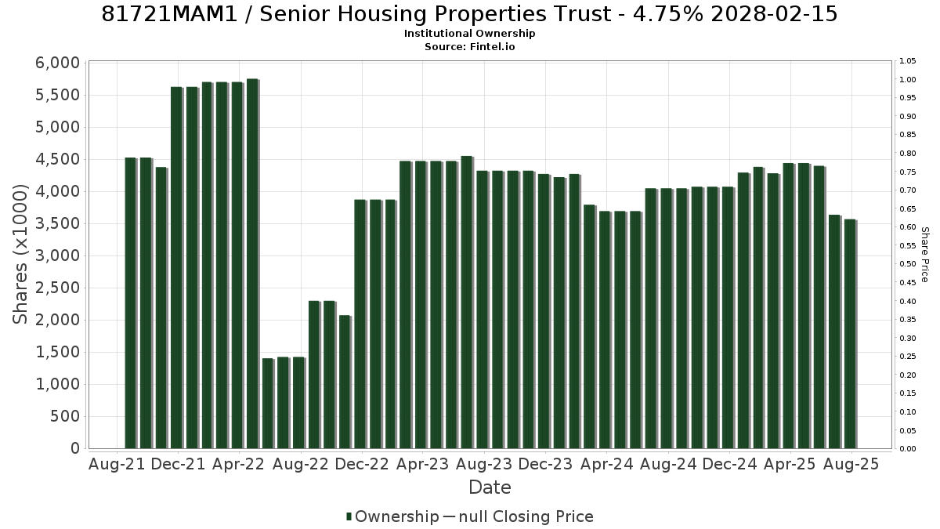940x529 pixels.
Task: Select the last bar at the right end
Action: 850,334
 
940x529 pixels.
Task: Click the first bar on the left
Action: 131,303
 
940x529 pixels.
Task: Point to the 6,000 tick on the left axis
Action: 57,63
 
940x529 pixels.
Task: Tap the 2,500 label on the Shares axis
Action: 57,288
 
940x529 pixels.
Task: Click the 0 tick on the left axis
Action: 75,448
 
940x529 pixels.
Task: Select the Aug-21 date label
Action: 117,464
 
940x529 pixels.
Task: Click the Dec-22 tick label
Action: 362,464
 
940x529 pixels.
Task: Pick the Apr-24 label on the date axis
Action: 606,464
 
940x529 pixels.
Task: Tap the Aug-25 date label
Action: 851,464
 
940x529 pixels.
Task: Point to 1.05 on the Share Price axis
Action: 908,61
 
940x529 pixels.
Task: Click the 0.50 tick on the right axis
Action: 908,264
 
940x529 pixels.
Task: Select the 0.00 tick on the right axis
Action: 908,449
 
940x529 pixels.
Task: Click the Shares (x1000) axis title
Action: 20,255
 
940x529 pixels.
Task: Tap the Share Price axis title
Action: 925,255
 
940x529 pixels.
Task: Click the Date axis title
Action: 490,487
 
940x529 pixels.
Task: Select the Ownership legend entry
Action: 392,516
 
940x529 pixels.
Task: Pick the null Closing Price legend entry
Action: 519,516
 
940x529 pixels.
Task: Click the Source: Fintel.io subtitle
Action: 469,46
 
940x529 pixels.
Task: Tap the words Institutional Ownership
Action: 469,34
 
